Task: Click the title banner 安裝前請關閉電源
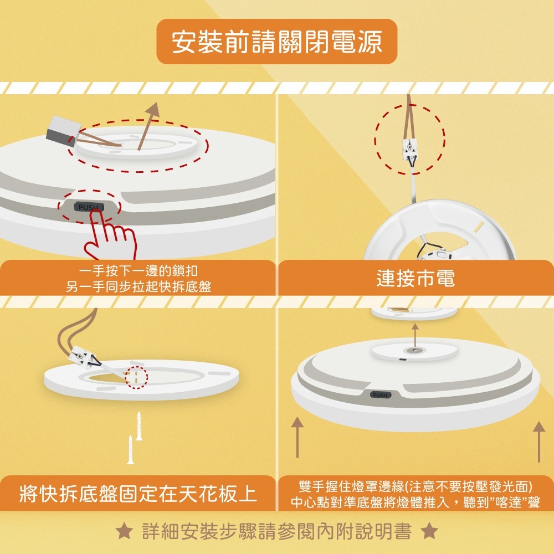[x=277, y=42]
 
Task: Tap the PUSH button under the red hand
[x=89, y=207]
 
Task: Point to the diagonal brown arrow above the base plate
[x=147, y=126]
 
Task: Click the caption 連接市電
[x=416, y=279]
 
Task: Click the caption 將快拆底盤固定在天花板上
[x=138, y=494]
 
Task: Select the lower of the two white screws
[x=131, y=450]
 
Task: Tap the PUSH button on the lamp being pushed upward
[x=381, y=395]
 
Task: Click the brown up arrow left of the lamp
[x=297, y=438]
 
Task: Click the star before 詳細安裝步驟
[x=125, y=531]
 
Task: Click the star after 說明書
[x=429, y=531]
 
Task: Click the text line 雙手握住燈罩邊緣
[x=416, y=487]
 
